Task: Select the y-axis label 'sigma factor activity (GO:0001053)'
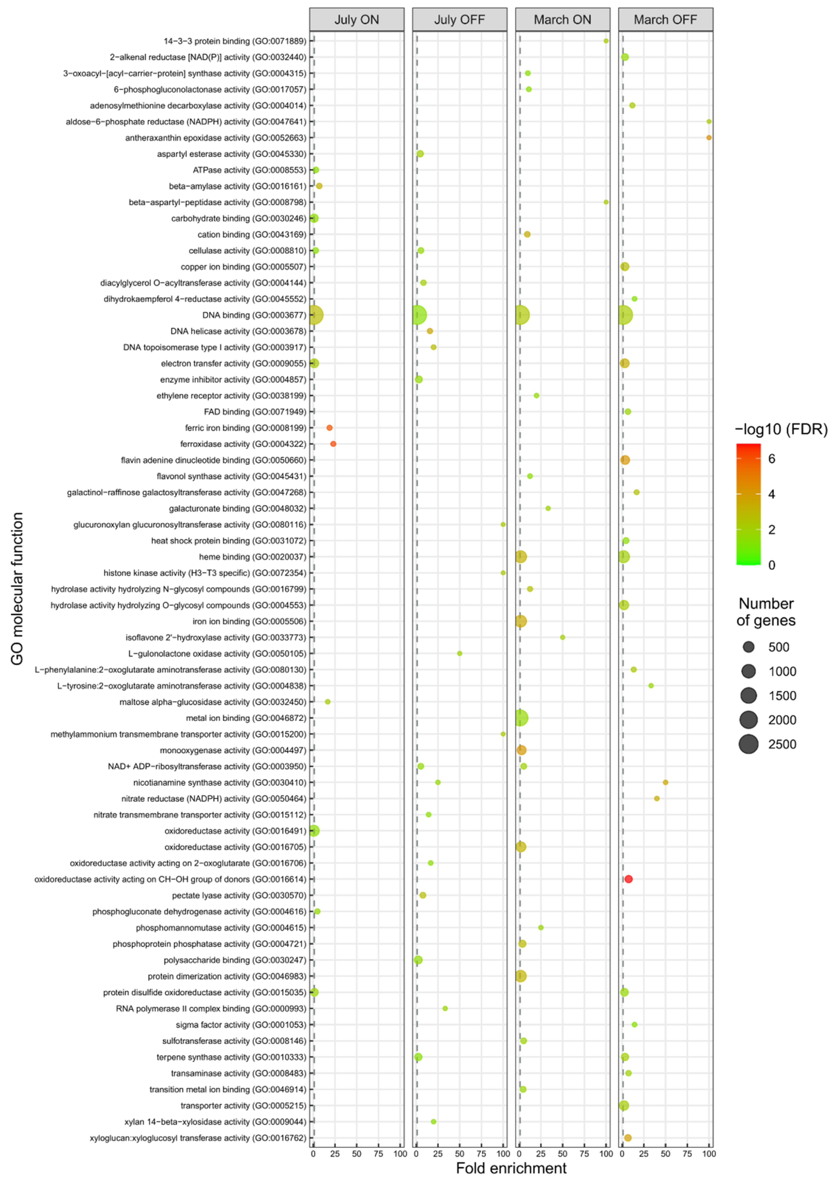point(241,1025)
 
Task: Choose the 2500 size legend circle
point(748,744)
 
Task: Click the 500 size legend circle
point(748,647)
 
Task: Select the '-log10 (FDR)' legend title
point(781,429)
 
